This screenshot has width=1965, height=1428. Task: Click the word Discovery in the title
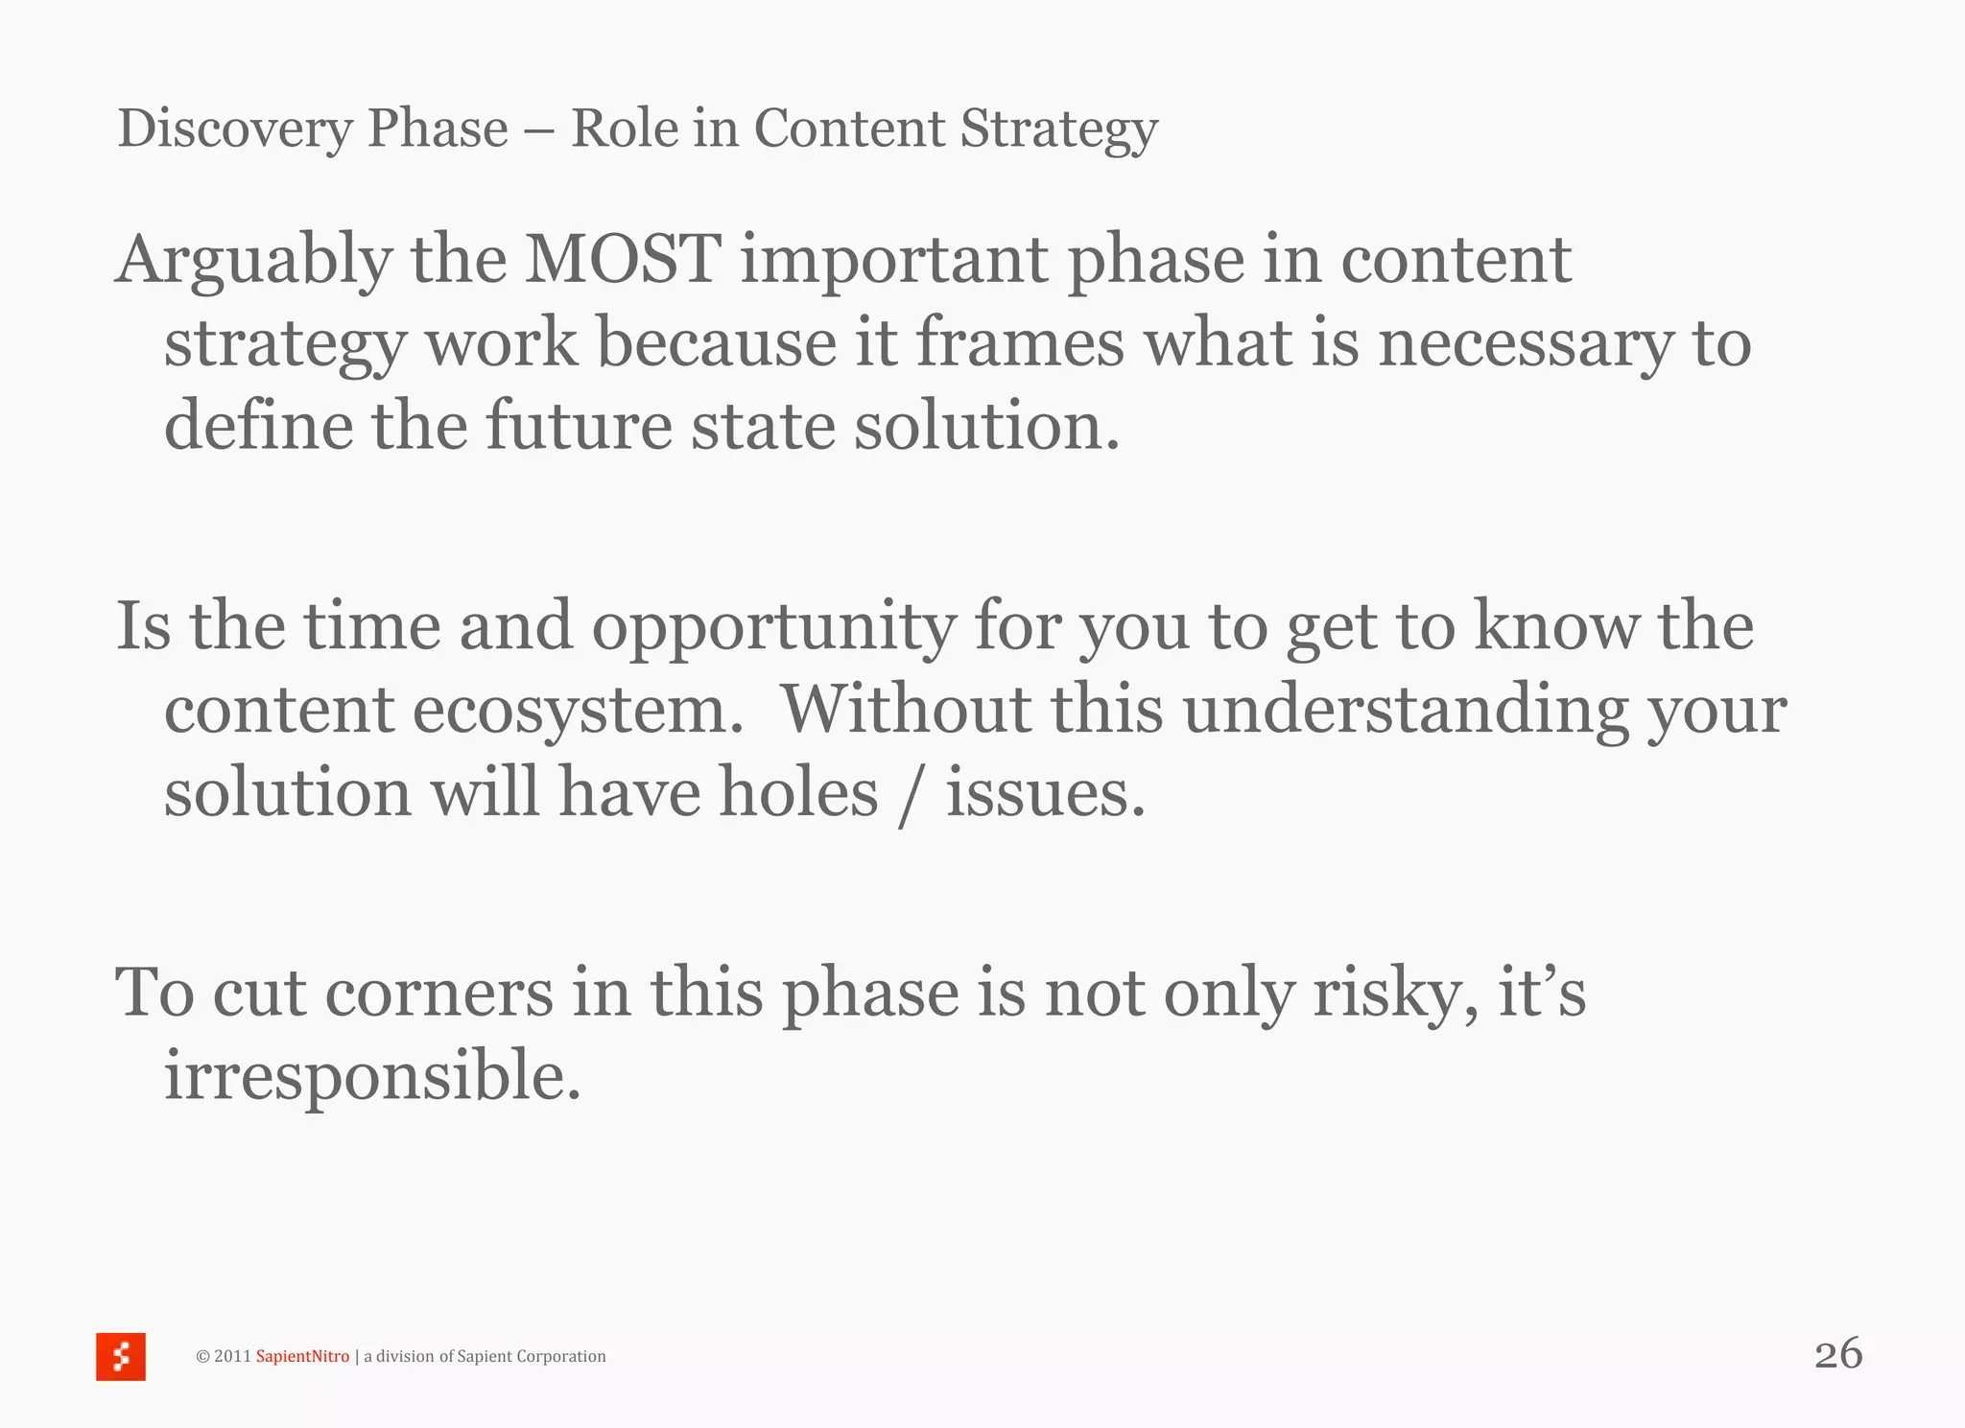point(234,129)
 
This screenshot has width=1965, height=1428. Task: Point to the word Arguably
point(253,261)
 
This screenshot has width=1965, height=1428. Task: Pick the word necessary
point(1526,344)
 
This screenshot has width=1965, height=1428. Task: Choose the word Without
point(906,709)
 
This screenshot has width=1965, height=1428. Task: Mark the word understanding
point(1406,711)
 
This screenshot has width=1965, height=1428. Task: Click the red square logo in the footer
point(121,1356)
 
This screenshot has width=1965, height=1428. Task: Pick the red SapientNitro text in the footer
point(302,1356)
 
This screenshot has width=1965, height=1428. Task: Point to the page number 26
point(1838,1353)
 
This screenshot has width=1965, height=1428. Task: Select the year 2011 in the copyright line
point(232,1356)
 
